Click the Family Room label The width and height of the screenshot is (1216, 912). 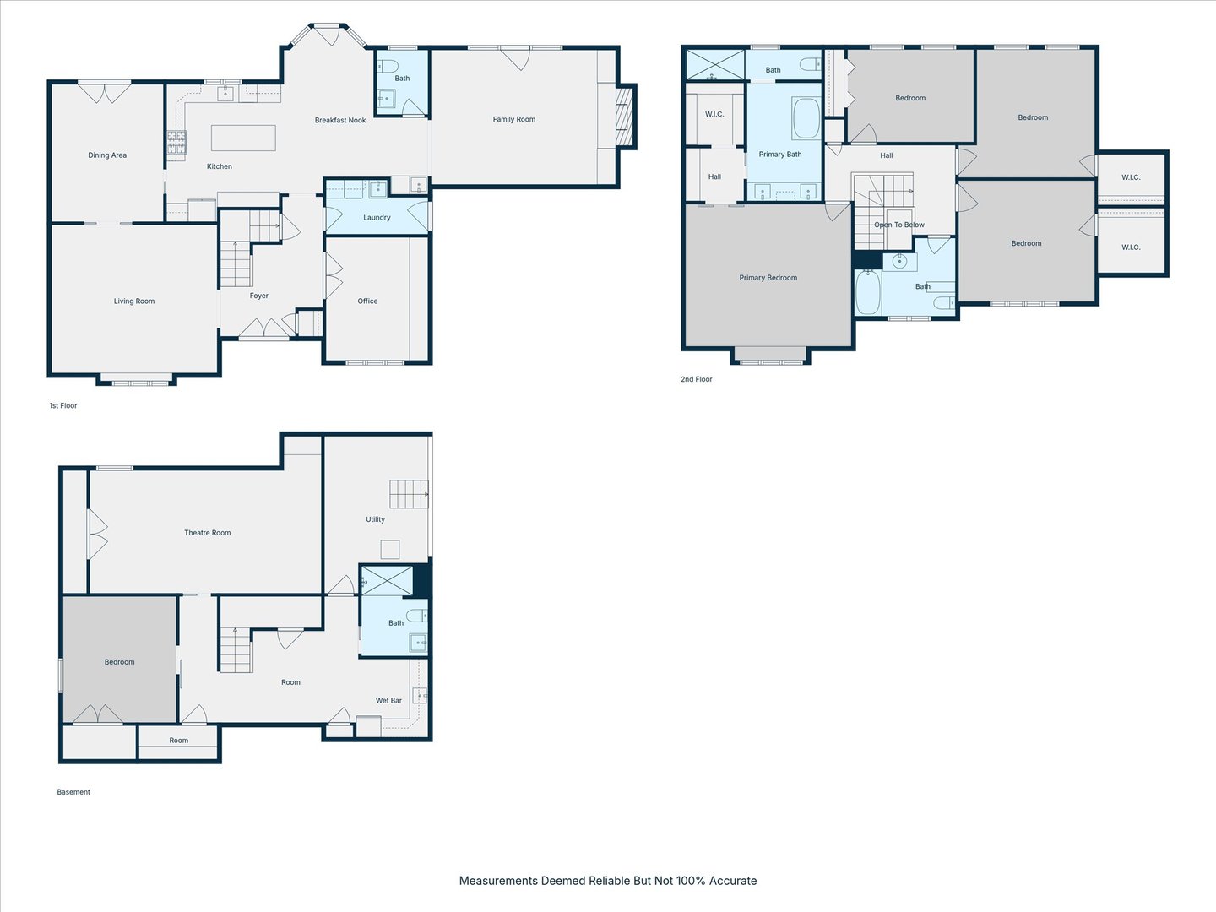513,119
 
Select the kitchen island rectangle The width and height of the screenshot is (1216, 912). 243,138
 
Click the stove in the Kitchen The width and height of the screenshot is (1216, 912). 176,145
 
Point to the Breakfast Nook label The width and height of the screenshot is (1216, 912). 340,121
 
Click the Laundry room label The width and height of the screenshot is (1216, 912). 377,218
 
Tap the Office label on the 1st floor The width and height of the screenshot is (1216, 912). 367,301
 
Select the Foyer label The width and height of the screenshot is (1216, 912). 258,296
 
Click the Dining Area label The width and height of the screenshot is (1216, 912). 107,155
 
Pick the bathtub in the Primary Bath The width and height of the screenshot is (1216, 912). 806,119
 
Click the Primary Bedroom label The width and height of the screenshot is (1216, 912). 768,278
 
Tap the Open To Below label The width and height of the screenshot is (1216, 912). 898,225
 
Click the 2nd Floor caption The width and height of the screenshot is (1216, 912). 696,379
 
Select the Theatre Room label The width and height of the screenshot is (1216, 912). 207,533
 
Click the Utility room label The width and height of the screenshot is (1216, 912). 375,520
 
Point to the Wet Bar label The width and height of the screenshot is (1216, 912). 388,701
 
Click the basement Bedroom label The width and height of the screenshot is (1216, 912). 119,662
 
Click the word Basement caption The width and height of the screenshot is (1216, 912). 73,792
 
